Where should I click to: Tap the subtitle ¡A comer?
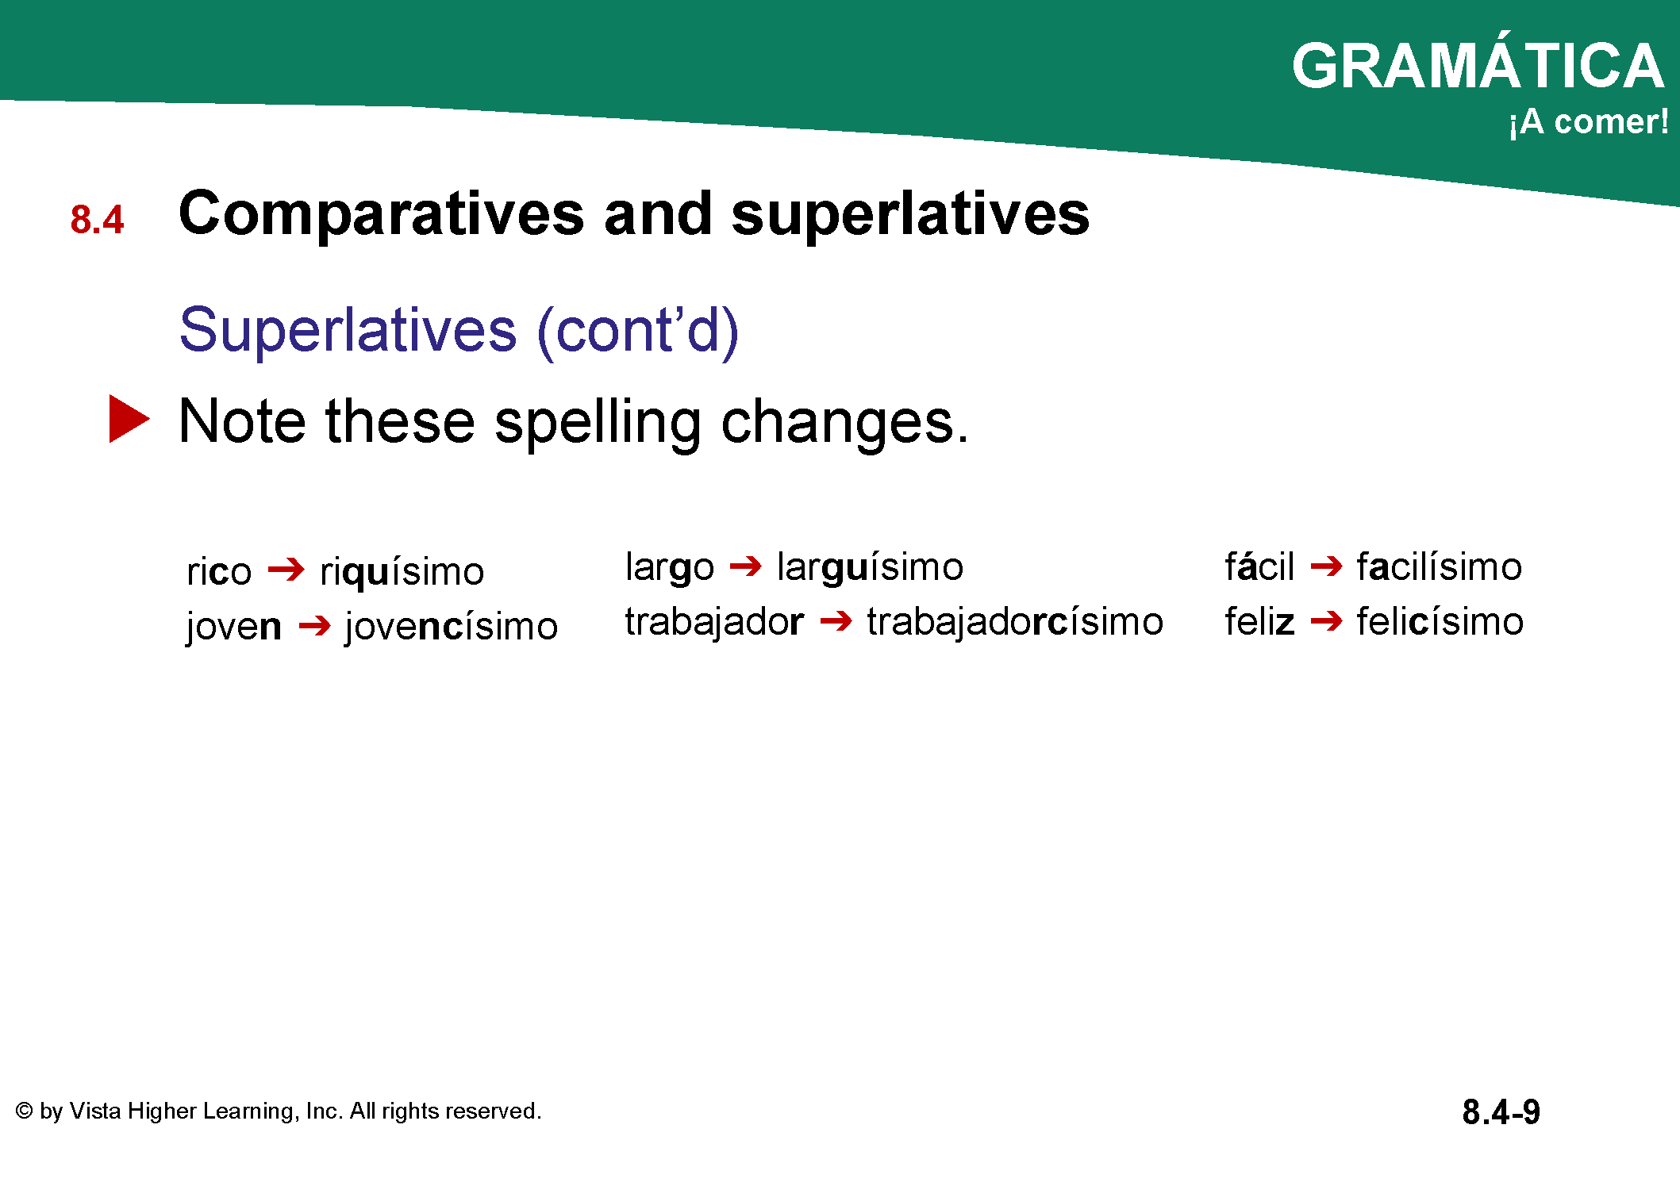(x=1588, y=122)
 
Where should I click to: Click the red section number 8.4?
(x=97, y=220)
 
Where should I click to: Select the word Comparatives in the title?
(x=382, y=214)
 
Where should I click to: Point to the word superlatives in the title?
(x=910, y=214)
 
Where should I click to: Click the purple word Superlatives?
(x=348, y=330)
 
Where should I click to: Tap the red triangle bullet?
(x=129, y=419)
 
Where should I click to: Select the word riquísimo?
(x=402, y=571)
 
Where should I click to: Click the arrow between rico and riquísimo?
(x=286, y=569)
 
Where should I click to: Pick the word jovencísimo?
(x=451, y=626)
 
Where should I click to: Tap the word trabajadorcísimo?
(x=1015, y=622)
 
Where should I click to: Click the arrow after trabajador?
(x=836, y=620)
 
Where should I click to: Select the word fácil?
(x=1259, y=566)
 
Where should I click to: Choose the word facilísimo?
(x=1440, y=566)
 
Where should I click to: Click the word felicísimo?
(x=1440, y=621)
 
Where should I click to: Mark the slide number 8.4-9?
(x=1501, y=1112)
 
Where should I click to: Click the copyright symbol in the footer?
(x=25, y=1111)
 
